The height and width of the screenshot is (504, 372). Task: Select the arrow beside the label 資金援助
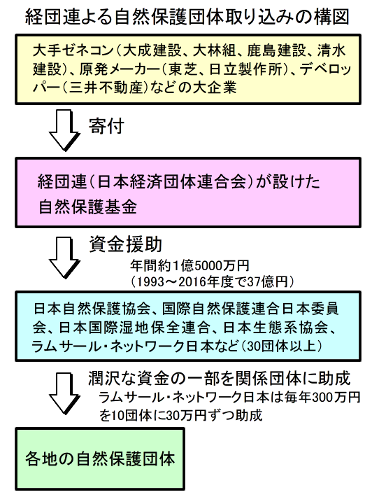click(x=64, y=258)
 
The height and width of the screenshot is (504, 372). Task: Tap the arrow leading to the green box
click(x=64, y=393)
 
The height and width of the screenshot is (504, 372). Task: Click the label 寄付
click(x=106, y=126)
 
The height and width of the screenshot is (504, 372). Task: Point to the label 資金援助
click(x=125, y=245)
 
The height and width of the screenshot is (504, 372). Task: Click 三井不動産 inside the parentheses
click(x=106, y=87)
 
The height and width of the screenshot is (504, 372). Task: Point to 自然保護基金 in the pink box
click(x=87, y=206)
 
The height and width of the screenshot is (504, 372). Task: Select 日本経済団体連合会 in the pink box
click(x=172, y=182)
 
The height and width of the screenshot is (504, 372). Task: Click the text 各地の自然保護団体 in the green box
click(x=100, y=458)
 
